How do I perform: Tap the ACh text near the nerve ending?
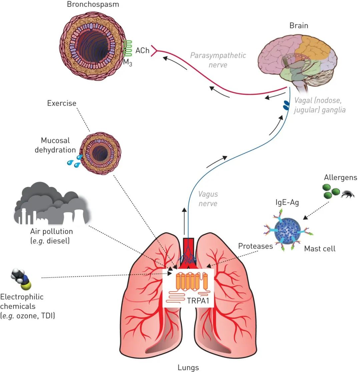pyautogui.click(x=140, y=51)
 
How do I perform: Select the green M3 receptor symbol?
pyautogui.click(x=127, y=48)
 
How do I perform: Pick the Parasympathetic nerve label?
pyautogui.click(x=218, y=59)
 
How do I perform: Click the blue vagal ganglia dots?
pyautogui.click(x=286, y=105)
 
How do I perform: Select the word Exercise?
pyautogui.click(x=62, y=103)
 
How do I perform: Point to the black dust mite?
pyautogui.click(x=348, y=194)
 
